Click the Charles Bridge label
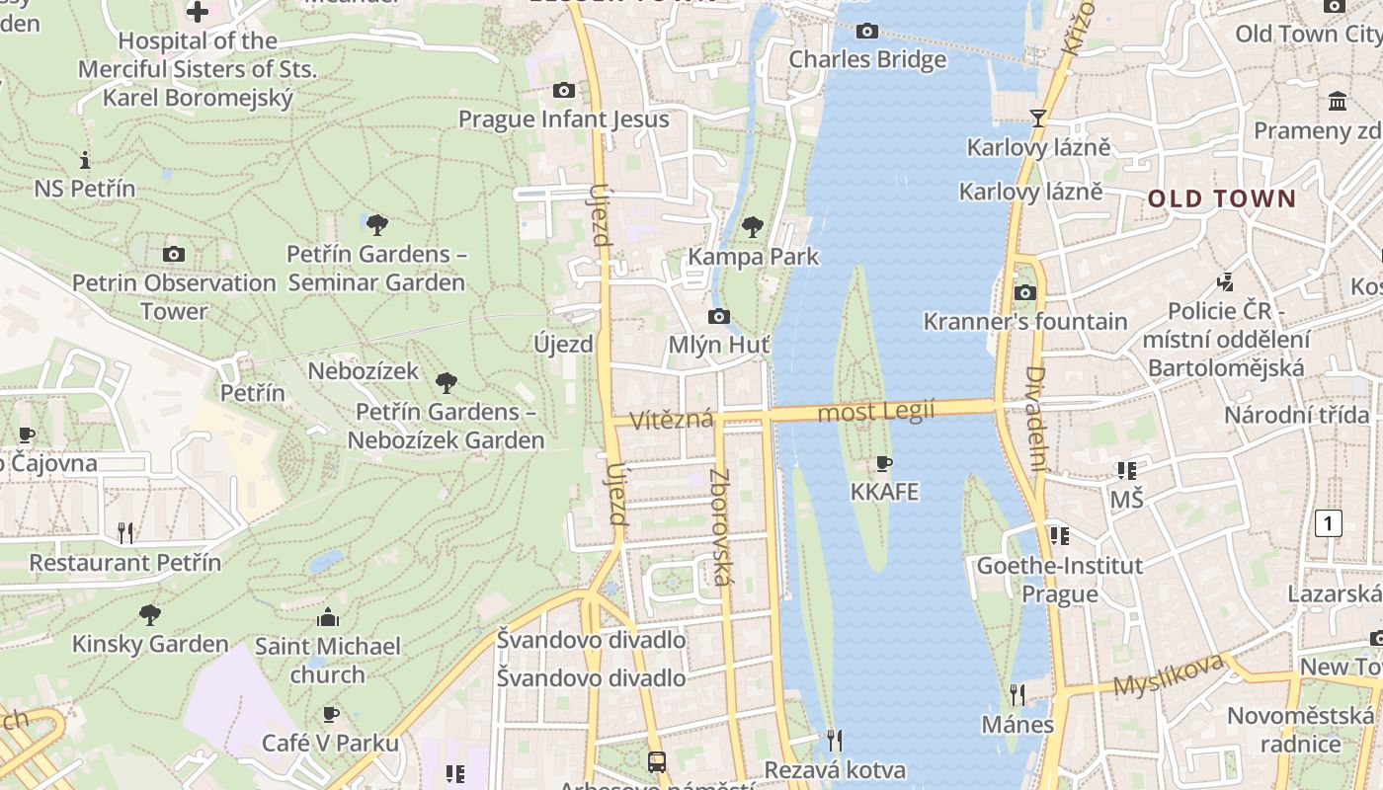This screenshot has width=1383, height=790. [867, 60]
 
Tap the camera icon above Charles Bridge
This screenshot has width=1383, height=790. [867, 32]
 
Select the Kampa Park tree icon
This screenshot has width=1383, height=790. [753, 227]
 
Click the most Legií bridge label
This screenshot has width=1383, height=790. [876, 412]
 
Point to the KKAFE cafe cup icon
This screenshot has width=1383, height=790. [884, 463]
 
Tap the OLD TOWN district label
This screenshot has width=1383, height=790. [1221, 198]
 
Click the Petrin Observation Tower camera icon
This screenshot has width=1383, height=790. [174, 255]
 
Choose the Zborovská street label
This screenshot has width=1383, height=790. [720, 526]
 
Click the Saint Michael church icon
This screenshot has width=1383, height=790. [328, 619]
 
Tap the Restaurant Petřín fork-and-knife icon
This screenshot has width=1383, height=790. [125, 533]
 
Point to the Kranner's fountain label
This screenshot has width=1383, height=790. [1025, 322]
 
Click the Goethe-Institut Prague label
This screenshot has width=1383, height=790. [1059, 580]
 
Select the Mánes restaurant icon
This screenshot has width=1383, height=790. [1017, 695]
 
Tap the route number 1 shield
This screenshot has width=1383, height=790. [1329, 523]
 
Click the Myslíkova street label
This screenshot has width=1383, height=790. [1169, 674]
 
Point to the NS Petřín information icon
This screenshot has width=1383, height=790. [85, 160]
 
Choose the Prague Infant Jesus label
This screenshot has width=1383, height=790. [564, 119]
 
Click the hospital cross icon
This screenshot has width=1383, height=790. [198, 12]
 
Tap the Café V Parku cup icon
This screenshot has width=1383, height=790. [331, 714]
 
